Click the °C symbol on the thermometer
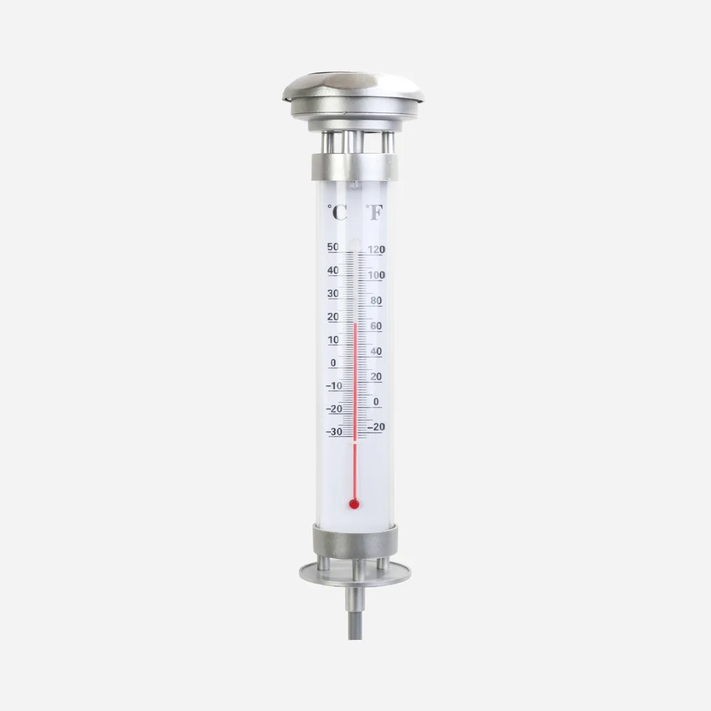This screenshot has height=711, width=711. tap(337, 212)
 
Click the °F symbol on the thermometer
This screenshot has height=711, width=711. tap(374, 212)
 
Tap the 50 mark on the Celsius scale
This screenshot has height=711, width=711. tap(333, 247)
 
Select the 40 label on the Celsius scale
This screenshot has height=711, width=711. tap(333, 271)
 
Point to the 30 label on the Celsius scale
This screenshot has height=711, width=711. tap(333, 294)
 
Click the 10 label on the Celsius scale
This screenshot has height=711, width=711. tap(334, 340)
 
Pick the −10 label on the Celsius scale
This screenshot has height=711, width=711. tap(335, 386)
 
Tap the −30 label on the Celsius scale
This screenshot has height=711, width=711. tap(335, 432)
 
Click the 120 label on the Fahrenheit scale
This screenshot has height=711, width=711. tap(376, 250)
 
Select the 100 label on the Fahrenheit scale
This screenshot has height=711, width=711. tap(376, 275)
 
